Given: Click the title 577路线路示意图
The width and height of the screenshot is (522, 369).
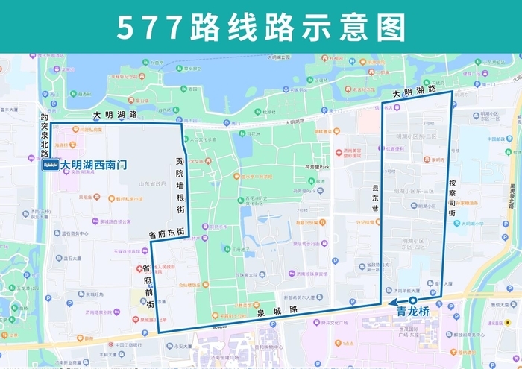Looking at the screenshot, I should pos(261,26).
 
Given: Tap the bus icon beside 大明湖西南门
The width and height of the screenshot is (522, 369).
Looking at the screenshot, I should pos(51,165).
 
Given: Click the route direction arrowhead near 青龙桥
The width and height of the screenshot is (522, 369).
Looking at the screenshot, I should pos(391,303).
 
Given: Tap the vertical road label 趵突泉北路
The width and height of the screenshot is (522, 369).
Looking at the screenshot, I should pos(45,135).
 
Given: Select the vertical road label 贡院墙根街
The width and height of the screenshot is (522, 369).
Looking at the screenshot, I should pos(179,186).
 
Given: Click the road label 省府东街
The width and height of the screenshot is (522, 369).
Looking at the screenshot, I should pos(166,233).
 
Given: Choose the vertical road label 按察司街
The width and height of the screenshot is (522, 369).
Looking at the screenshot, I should pos(452,198).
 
